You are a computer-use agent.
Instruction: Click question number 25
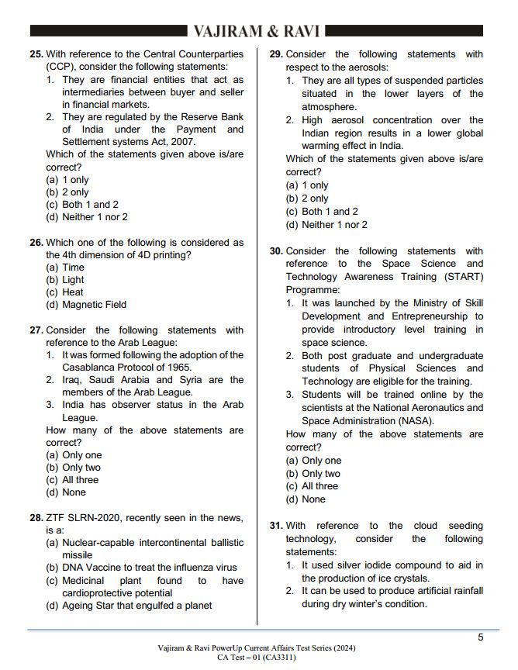click(36, 54)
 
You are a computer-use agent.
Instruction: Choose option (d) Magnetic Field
click(85, 305)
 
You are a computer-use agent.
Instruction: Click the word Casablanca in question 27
click(89, 368)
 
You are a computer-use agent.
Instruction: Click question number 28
click(36, 518)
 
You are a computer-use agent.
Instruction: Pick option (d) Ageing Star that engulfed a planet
click(129, 606)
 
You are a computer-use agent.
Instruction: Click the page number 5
click(480, 637)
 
